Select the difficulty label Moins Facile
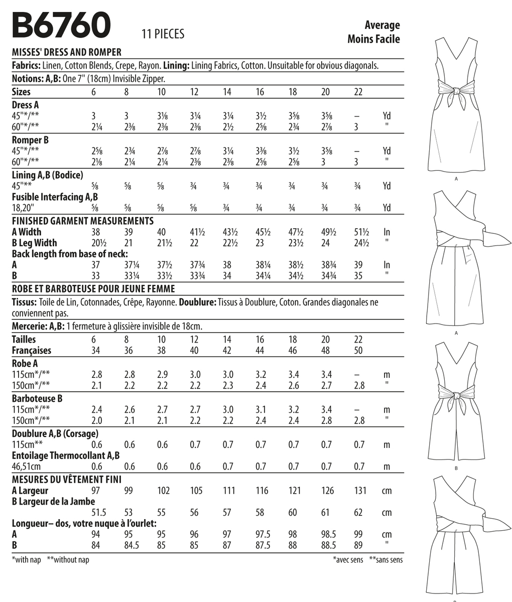click(373, 39)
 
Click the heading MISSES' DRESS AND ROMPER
click(66, 52)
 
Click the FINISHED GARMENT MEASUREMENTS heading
click(82, 221)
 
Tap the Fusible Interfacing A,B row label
click(54, 197)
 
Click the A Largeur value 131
click(360, 491)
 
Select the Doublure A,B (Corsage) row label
click(55, 433)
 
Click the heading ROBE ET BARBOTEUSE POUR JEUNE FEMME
click(93, 288)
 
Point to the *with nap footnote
click(26, 560)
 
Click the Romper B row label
click(30, 140)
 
